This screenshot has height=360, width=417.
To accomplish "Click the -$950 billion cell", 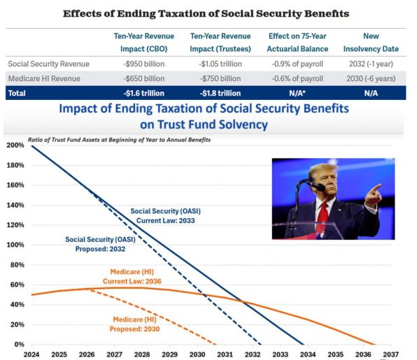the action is point(144,64).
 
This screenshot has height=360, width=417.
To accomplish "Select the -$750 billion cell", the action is point(220,79).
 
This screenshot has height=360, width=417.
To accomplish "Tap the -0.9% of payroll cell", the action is point(297,64).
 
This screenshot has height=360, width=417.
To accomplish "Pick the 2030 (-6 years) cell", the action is point(371,79).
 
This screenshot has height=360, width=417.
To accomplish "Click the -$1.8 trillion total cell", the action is point(220,93).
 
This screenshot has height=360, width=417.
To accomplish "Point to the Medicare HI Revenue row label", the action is point(44,79).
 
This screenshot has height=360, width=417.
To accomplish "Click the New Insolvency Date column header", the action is point(371,43).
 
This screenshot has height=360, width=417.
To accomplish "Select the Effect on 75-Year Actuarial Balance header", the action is point(297,43).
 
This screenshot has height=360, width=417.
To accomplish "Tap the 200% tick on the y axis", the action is point(15,145).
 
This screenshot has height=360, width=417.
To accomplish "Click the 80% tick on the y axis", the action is point(17,265).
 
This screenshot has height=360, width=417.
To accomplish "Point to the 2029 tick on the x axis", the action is point(170,354).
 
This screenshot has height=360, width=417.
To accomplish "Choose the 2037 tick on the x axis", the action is point(390,354).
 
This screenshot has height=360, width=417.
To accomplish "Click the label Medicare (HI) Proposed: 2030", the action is point(135,324).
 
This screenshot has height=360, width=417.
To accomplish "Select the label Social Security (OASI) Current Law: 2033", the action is point(165,216).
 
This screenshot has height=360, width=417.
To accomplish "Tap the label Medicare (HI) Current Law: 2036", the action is point(132,277).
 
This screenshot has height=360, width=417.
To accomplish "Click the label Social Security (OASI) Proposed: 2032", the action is point(100,244).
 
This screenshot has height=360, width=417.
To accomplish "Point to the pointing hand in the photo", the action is point(373,196).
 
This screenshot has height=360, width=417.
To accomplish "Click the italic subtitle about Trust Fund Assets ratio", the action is point(119,140).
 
